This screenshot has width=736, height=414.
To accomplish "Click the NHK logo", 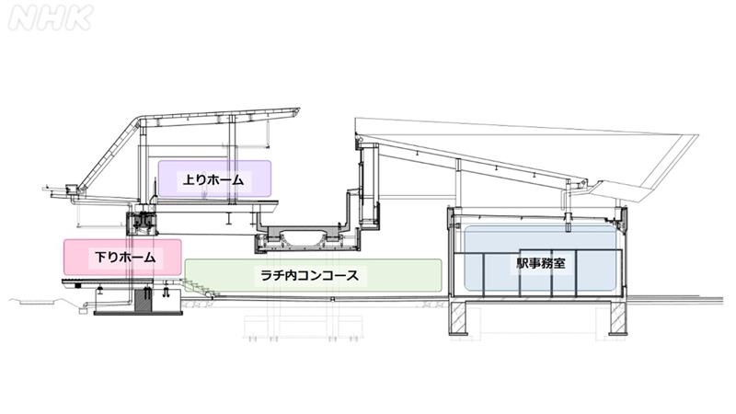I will (x=50, y=17).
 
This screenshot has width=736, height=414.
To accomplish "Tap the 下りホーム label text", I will (x=123, y=257).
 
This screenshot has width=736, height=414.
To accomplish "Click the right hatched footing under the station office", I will (x=617, y=318).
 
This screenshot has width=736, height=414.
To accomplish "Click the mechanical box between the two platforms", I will (x=143, y=222).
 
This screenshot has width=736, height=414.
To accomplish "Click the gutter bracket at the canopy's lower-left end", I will (x=73, y=192).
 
